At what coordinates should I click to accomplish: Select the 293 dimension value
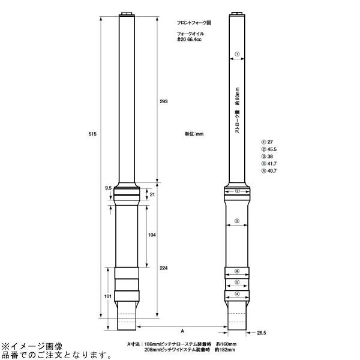tap(164, 102)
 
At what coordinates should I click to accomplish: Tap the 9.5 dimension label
tap(108, 188)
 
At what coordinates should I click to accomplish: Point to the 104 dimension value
tap(152, 235)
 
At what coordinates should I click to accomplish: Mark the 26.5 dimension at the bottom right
tap(261, 332)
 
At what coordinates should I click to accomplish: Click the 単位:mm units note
tap(194, 133)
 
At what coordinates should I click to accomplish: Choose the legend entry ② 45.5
tap(269, 148)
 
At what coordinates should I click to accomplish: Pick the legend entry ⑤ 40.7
tap(269, 171)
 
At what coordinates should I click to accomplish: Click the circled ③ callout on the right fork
tap(237, 221)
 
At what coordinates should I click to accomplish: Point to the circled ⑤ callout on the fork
tap(237, 283)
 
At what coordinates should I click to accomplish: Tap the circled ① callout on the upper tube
tap(237, 54)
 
